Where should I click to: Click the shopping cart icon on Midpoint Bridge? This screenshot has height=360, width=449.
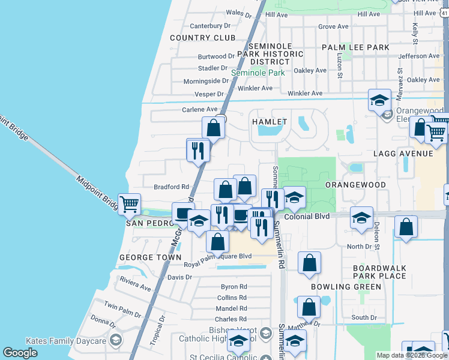pos(129,204)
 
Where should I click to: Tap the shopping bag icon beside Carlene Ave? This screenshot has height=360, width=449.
pos(213,127)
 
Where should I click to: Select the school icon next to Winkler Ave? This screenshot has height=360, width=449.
pos(379,100)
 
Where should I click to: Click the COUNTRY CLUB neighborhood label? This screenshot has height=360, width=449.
pos(203,38)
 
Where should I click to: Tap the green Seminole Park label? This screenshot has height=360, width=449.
pos(258,73)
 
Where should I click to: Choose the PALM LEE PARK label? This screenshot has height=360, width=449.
pos(355,47)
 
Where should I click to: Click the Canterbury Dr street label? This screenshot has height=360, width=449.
pos(210,26)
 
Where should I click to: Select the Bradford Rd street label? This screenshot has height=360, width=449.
pos(171,187)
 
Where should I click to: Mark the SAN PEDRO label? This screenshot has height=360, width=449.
pos(149,223)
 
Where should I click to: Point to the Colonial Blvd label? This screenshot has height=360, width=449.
pos(307,216)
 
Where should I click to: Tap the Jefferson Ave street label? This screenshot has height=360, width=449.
pos(419,56)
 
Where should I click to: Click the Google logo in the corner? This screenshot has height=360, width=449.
pos(20,352)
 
